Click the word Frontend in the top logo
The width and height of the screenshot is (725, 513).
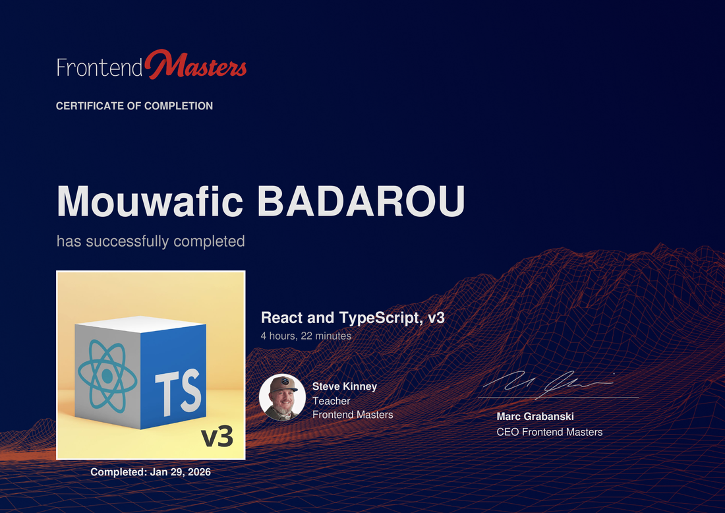click(x=100, y=67)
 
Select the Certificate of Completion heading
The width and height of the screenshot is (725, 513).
click(x=134, y=106)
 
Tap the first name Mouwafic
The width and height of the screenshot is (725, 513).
click(x=150, y=201)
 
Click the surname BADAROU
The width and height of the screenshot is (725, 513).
click(x=361, y=201)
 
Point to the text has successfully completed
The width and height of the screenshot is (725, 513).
click(x=151, y=241)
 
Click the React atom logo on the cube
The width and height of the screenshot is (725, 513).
click(x=107, y=376)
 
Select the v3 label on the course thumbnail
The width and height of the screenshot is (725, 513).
click(x=217, y=437)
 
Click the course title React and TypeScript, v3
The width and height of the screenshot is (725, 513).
click(x=353, y=318)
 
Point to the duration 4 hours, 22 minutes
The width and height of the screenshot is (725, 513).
click(x=306, y=336)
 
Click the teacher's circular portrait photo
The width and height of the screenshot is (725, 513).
click(x=282, y=397)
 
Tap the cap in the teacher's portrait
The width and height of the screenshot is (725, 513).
click(x=284, y=384)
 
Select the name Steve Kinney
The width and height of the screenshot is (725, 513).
click(x=345, y=386)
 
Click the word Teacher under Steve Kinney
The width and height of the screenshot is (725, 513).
click(x=331, y=401)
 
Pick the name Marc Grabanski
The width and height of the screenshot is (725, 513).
click(x=535, y=416)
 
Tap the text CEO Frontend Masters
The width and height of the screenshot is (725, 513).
click(x=549, y=432)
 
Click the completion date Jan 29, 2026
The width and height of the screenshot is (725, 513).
click(x=181, y=472)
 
